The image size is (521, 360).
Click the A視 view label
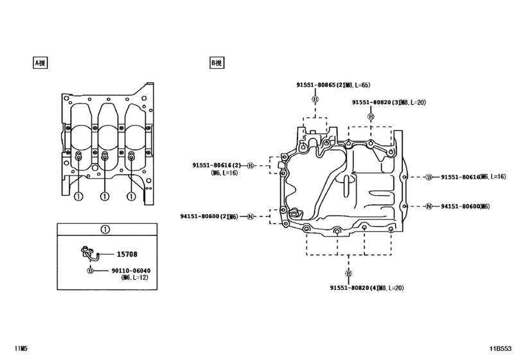(40, 63)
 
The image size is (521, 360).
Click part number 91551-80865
(321, 85)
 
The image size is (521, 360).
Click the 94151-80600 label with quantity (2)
(205, 217)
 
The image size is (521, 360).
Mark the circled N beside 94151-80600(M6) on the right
(428, 206)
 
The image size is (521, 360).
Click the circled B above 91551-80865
(315, 99)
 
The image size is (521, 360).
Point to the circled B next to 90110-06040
(90, 271)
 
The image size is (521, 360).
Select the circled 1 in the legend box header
(105, 229)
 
